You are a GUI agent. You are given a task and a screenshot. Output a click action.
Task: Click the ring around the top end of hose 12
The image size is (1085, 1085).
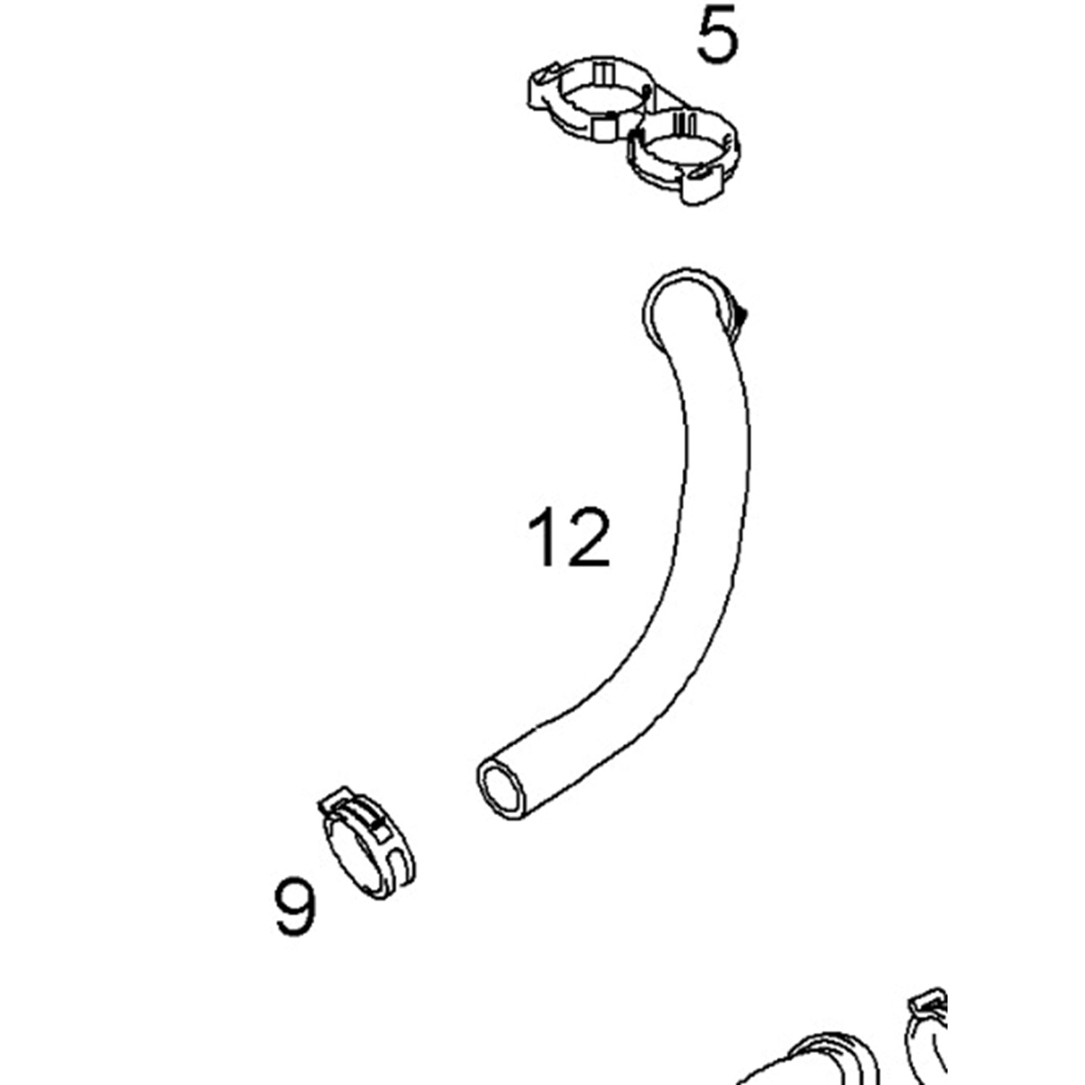pos(691,304)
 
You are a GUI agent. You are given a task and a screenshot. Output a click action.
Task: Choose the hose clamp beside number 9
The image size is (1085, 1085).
pos(366,843)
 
